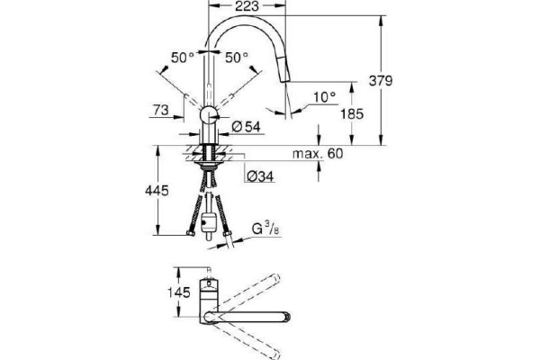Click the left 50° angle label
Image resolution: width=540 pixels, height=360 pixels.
(x=183, y=57)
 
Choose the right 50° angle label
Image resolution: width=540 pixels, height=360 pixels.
(x=237, y=57)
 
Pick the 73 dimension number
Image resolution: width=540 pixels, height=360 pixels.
(x=161, y=109)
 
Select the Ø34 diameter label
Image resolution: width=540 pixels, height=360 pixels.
(x=260, y=175)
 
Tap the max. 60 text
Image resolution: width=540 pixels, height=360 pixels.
(x=319, y=155)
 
